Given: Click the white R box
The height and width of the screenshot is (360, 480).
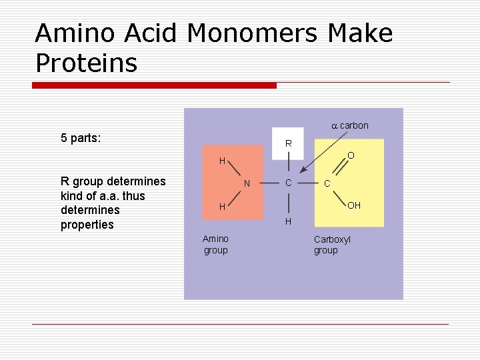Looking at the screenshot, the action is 288,143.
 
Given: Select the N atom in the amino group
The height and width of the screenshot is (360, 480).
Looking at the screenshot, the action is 247,183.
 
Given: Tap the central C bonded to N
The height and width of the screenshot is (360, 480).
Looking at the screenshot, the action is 288,183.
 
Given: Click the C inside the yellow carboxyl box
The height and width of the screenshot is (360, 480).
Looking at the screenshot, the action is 327,183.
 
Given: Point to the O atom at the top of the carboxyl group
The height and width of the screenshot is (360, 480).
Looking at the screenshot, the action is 351,155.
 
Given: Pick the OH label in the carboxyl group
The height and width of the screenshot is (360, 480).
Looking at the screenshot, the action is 353,205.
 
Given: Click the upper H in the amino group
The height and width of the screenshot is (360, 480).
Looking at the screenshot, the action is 222,161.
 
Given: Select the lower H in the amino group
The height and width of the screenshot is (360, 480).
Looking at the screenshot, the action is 222,207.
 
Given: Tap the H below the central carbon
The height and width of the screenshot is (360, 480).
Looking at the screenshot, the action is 288,221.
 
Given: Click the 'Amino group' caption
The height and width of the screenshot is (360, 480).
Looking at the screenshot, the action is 215,245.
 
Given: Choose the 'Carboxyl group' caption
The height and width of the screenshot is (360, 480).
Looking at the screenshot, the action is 331,245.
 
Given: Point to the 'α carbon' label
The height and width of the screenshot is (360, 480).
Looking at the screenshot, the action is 350,125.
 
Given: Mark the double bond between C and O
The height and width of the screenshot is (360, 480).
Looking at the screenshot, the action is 339,169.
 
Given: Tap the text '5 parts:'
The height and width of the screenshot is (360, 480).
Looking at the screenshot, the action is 81,139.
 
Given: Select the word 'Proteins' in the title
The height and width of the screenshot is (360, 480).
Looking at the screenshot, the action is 86,63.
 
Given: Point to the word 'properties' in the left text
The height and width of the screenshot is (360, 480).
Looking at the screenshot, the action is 87,225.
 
